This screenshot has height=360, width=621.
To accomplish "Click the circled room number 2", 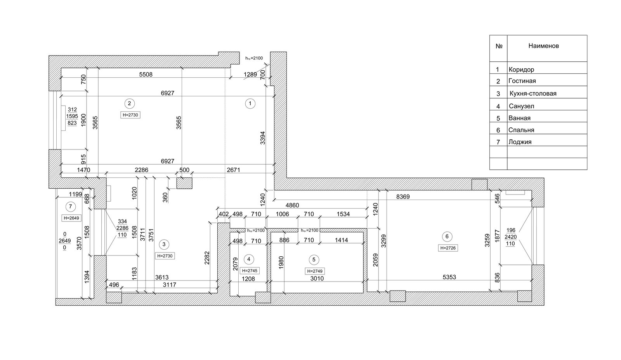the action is click(130, 103).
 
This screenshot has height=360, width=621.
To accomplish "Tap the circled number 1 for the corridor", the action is click(250, 103).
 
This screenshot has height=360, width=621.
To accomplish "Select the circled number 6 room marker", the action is click(447, 237).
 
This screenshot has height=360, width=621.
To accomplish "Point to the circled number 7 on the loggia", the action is click(70, 207).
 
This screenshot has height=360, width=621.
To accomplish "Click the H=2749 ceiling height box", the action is click(315, 271).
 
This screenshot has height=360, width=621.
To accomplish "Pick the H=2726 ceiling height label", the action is click(448, 248).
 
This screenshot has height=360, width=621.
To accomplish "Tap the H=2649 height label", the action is click(71, 218).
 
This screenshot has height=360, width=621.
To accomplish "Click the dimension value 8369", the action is click(403, 197).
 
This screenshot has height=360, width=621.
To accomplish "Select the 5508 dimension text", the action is click(146, 74).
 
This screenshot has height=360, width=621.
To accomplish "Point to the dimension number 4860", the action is click(292, 205).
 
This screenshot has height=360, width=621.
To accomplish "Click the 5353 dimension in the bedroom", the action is click(449, 277).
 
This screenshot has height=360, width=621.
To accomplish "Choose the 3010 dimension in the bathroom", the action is click(317, 278).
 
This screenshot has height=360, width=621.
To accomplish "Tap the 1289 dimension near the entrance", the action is click(250, 74).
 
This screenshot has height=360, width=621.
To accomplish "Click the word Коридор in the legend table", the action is click(521, 70).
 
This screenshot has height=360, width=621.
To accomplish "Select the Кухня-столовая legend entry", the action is click(533, 94).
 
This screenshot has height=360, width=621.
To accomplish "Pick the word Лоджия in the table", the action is click(520, 142).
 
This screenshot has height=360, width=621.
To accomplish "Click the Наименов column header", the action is click(543, 46).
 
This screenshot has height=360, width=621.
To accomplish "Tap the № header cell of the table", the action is click(499, 46).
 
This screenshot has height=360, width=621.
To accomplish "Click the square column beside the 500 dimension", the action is click(184, 183).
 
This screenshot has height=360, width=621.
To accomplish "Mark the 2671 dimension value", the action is click(233, 170).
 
